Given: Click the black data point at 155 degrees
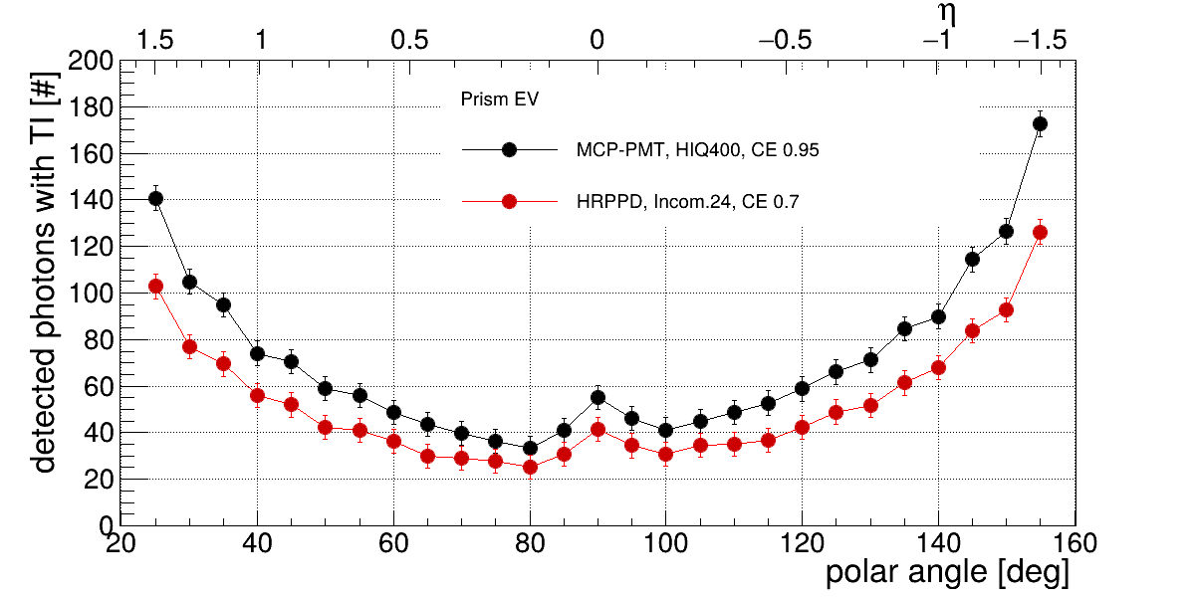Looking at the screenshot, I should coord(1040,124).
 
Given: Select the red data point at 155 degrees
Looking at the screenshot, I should coord(1040,233).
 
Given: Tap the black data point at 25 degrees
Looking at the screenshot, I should coord(155,199).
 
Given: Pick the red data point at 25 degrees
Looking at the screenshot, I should coord(155,287).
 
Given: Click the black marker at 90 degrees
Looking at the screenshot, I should coord(597,398).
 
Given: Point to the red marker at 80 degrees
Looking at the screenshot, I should coord(530,467).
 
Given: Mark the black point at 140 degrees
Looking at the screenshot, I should coord(938,317).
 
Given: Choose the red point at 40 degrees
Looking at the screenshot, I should coord(257,395).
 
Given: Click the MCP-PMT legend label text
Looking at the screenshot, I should coord(697,150).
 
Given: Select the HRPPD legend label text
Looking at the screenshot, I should coord(687,202).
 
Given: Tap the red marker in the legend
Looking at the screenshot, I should coord(509,202).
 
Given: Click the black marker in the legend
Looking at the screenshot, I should coord(509,150).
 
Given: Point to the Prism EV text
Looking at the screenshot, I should coord(499,99).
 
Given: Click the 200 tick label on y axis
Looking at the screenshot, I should coord(92,62).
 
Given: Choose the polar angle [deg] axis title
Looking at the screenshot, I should coord(947,574).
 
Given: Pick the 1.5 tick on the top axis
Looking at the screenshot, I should coord(155,41).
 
